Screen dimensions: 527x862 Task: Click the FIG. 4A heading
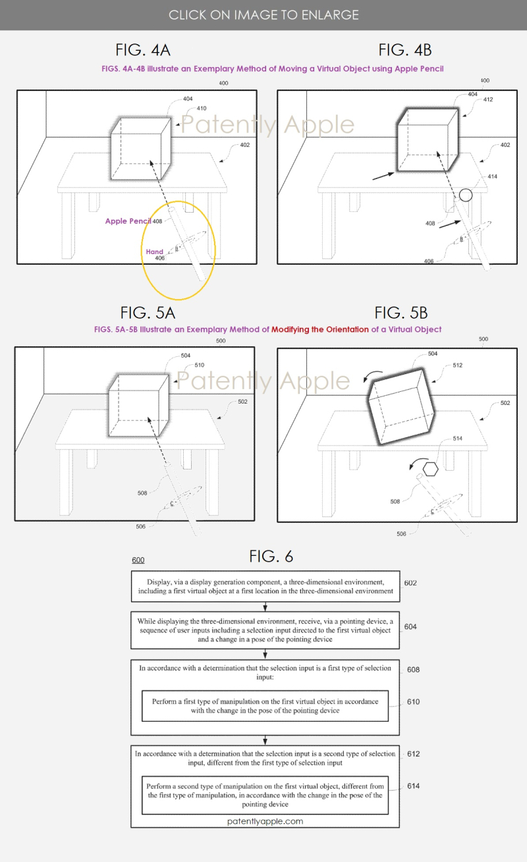point(143,50)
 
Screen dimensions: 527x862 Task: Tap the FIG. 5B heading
point(401,313)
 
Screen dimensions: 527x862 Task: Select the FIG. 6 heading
point(271,556)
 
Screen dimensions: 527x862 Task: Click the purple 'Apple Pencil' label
point(128,221)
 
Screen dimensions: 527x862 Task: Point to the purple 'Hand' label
point(154,252)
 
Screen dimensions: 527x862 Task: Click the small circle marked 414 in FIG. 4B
point(466,195)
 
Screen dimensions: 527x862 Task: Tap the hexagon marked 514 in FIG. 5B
point(430,469)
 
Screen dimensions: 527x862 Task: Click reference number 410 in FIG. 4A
point(202,109)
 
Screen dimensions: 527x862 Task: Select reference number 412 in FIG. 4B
point(487,99)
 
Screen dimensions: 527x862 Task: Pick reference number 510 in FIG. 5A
point(199,365)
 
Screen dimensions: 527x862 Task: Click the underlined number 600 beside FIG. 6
point(138,560)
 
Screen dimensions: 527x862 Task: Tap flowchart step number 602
point(410,583)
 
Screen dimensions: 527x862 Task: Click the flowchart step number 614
point(414,786)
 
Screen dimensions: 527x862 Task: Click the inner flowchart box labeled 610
point(265,706)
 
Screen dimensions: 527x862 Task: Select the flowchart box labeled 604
point(265,630)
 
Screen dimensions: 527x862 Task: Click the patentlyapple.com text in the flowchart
point(265,821)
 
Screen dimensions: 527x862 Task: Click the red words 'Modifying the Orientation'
point(320,329)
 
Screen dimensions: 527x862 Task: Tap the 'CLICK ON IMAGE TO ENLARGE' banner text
point(263,15)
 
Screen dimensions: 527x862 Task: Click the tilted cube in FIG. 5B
point(401,406)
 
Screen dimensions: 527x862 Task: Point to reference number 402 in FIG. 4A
point(245,145)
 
